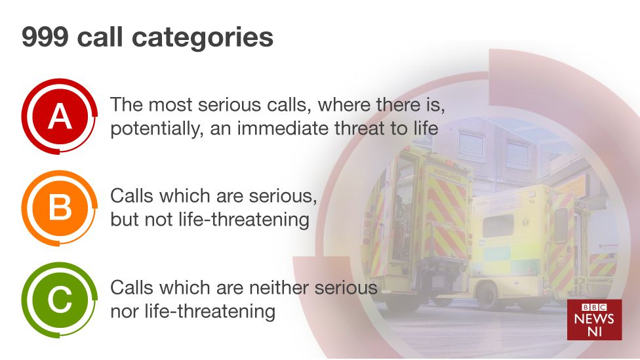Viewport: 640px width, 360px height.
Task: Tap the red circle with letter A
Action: [60, 116]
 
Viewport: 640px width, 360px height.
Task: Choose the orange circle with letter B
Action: [60, 208]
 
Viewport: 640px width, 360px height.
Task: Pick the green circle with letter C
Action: [60, 300]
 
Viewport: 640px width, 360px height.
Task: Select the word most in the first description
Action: [170, 105]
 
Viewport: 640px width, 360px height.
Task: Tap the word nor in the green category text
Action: [123, 311]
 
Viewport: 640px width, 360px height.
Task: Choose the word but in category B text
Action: [123, 219]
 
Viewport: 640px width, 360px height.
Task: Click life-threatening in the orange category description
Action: [237, 220]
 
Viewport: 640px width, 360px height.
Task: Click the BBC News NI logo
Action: [594, 320]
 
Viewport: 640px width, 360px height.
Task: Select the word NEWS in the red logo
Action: [594, 319]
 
